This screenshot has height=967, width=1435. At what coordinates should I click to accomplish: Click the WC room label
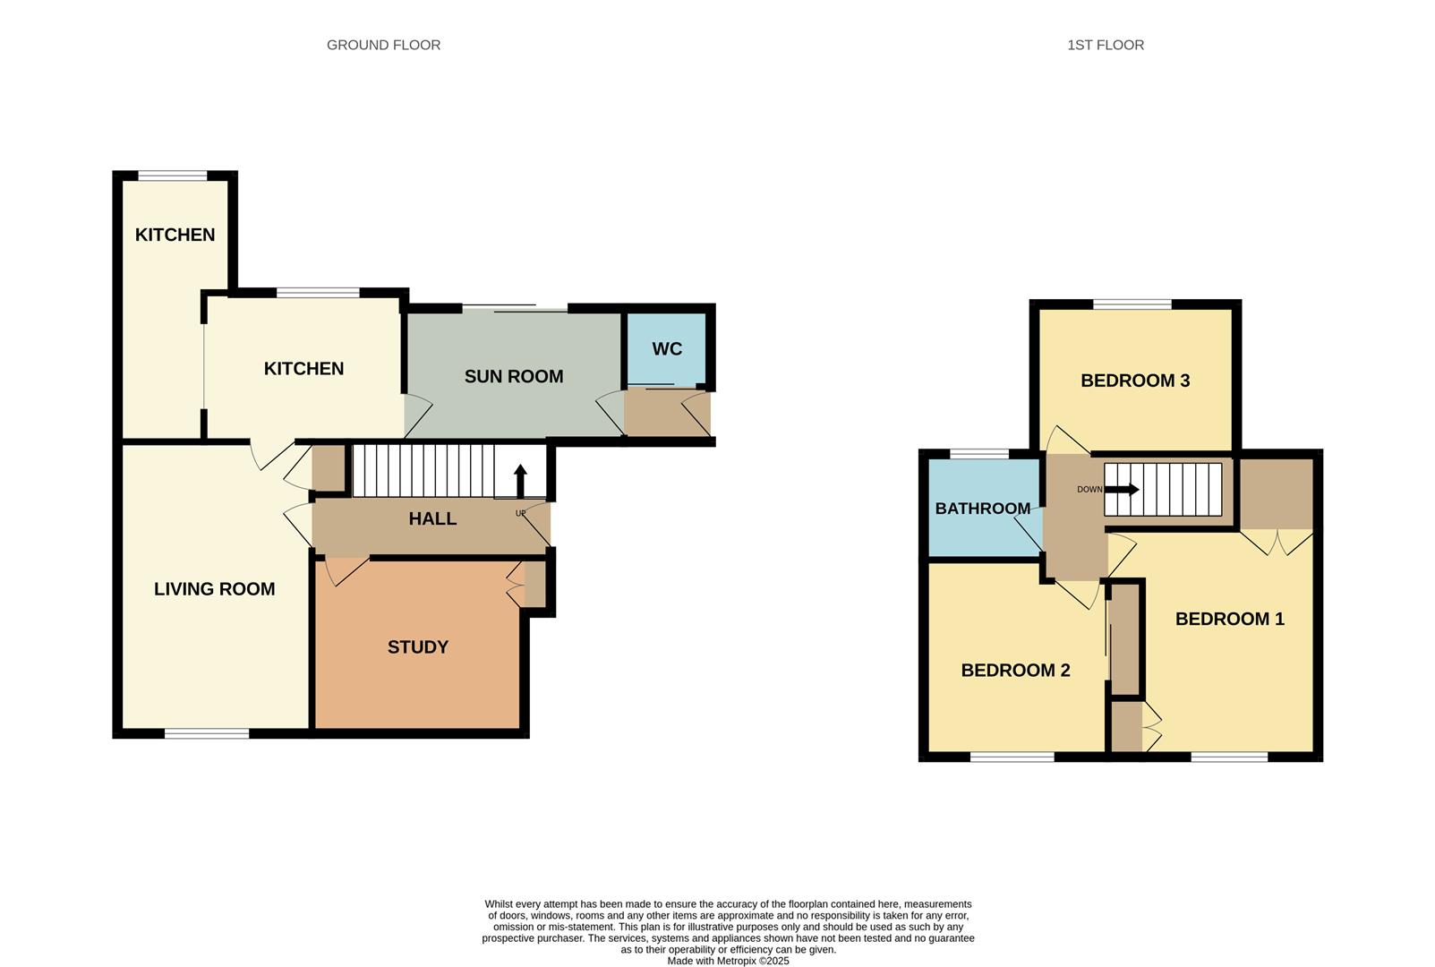(667, 349)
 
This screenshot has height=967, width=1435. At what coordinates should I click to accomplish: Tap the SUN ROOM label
(514, 377)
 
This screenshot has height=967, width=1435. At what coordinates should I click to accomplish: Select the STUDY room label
(418, 647)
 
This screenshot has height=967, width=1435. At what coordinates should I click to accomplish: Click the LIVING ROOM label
(215, 589)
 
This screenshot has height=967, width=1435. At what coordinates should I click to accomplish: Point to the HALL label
(432, 518)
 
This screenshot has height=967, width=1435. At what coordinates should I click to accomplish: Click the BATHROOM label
(983, 509)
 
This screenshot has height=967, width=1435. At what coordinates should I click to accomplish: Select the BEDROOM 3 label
(1135, 381)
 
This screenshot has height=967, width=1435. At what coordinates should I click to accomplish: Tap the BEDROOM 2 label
(1015, 671)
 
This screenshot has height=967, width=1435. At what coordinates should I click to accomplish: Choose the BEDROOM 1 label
(1229, 619)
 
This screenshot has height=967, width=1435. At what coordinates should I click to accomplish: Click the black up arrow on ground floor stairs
(520, 481)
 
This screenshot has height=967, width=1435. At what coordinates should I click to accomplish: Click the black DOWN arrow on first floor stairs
(1123, 490)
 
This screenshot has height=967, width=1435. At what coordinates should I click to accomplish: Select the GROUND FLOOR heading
(383, 45)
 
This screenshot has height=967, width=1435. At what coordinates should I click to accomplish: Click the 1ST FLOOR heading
(1106, 45)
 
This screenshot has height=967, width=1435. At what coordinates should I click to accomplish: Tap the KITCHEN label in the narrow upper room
(175, 235)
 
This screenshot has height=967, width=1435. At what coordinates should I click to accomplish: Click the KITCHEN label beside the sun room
(303, 369)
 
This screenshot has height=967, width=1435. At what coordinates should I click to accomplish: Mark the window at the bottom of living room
(207, 734)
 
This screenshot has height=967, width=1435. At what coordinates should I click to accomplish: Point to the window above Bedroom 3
(1132, 304)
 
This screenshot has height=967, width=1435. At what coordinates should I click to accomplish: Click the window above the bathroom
(979, 454)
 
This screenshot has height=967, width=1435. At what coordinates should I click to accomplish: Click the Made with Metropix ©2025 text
(728, 961)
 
